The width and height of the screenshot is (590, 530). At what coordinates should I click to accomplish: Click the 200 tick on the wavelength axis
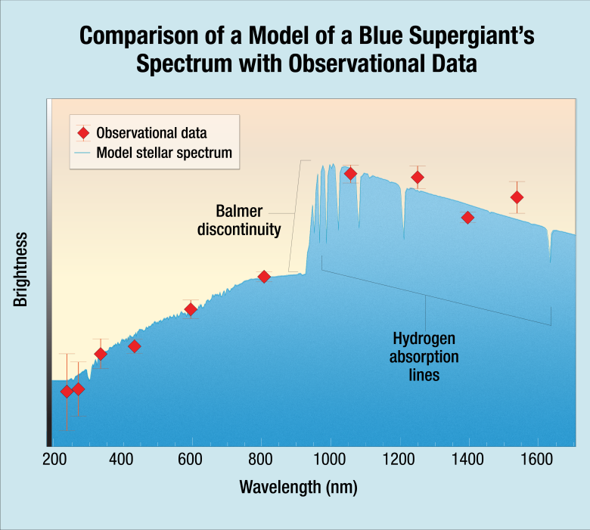[x=53, y=459]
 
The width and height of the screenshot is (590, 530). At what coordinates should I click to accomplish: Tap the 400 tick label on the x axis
[x=121, y=459]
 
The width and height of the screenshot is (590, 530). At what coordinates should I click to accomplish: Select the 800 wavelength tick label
[x=261, y=459]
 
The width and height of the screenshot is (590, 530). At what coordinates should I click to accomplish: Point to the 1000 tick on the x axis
[x=330, y=459]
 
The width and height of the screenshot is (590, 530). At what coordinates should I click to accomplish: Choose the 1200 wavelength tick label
[x=399, y=459]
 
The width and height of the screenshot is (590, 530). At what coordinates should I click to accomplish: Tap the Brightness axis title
[x=20, y=269]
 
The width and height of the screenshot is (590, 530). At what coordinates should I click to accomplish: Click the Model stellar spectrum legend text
[x=164, y=152]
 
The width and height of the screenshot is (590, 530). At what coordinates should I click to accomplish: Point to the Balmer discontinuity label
[x=239, y=219]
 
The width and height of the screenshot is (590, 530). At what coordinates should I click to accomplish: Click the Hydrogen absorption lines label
[x=424, y=355]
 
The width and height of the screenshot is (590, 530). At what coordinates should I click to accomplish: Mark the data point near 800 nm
[x=264, y=277]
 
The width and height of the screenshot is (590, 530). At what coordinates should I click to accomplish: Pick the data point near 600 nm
[x=191, y=309]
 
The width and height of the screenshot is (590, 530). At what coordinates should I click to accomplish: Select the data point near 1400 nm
[x=467, y=218]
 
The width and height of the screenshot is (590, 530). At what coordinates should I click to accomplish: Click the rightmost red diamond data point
[x=517, y=197]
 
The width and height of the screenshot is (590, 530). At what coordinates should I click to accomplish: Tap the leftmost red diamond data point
[x=67, y=391]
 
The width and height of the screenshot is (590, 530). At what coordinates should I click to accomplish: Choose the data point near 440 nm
[x=135, y=346]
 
